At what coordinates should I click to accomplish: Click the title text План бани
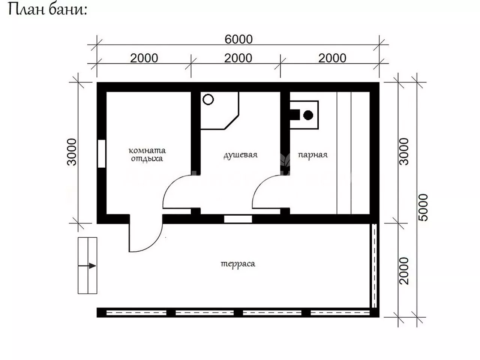tap(48, 10)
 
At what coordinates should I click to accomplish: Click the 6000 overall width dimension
tap(238, 39)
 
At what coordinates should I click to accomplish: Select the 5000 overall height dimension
tap(423, 207)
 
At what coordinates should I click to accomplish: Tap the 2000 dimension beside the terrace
tap(403, 271)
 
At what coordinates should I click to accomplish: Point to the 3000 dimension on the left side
tap(72, 152)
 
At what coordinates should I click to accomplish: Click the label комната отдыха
tap(147, 154)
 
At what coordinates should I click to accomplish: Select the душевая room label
tap(240, 155)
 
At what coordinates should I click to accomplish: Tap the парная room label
tap(313, 155)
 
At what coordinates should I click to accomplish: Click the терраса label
tap(238, 264)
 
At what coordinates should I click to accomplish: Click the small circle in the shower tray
tap(208, 99)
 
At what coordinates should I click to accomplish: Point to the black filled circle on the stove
tap(308, 115)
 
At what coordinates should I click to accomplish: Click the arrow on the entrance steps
tap(87, 266)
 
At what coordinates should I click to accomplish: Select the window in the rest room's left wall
tap(102, 154)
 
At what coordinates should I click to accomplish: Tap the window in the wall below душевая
tap(238, 219)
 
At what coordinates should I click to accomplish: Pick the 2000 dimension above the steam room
tap(332, 58)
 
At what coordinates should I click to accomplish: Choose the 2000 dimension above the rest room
tap(144, 58)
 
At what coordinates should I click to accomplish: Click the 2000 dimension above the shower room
tap(238, 58)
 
